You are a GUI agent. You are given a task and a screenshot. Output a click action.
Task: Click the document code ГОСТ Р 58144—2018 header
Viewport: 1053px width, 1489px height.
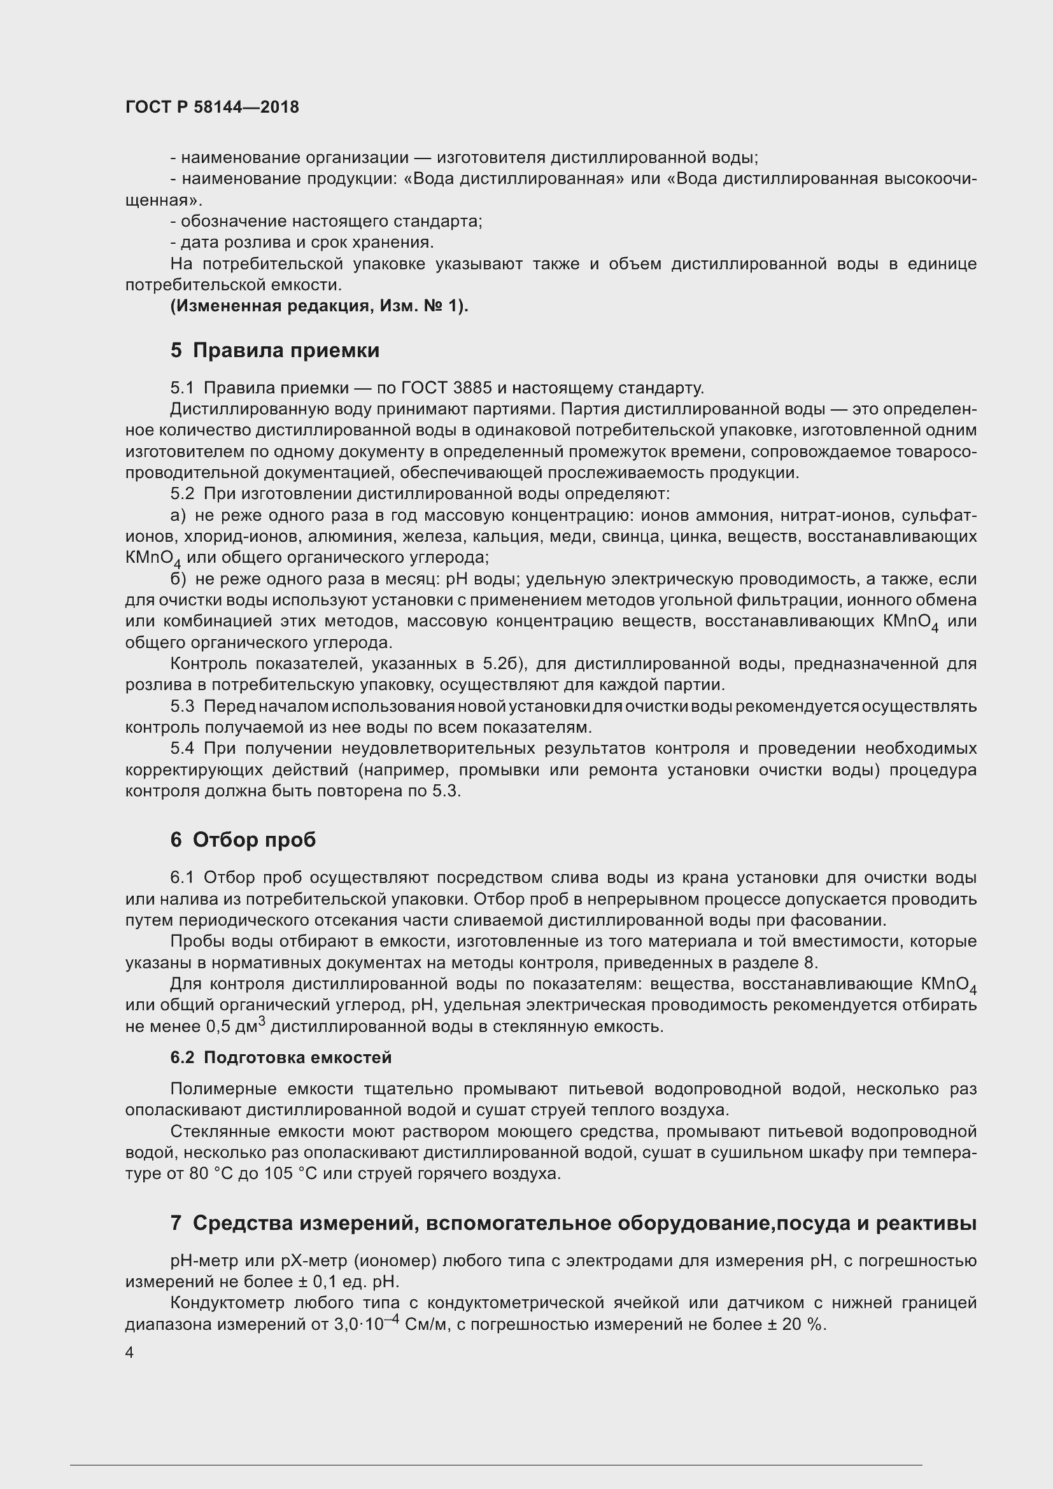pos(212,108)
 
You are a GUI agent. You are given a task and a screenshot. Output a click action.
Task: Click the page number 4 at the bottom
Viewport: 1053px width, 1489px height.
pos(130,1353)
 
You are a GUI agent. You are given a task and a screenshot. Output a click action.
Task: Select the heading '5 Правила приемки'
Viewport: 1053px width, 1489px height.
pos(275,351)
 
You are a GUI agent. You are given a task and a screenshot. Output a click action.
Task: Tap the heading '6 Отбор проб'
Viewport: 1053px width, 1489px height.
pos(243,840)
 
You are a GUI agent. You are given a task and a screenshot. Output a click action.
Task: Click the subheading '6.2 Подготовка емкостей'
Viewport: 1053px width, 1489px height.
pos(281,1058)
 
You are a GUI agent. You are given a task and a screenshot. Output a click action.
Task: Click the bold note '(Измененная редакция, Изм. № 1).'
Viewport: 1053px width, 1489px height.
pos(319,306)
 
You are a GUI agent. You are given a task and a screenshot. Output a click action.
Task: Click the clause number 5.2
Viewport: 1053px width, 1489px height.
pos(182,494)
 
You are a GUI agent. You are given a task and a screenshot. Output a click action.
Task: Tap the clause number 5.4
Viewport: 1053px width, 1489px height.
pos(182,749)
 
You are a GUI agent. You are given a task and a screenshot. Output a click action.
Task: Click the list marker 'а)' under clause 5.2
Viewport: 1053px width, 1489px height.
pos(178,516)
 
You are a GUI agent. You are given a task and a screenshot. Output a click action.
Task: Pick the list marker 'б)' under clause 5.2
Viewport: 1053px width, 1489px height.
pos(178,579)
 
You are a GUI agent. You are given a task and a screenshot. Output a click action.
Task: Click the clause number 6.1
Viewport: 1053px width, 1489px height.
pos(182,878)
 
